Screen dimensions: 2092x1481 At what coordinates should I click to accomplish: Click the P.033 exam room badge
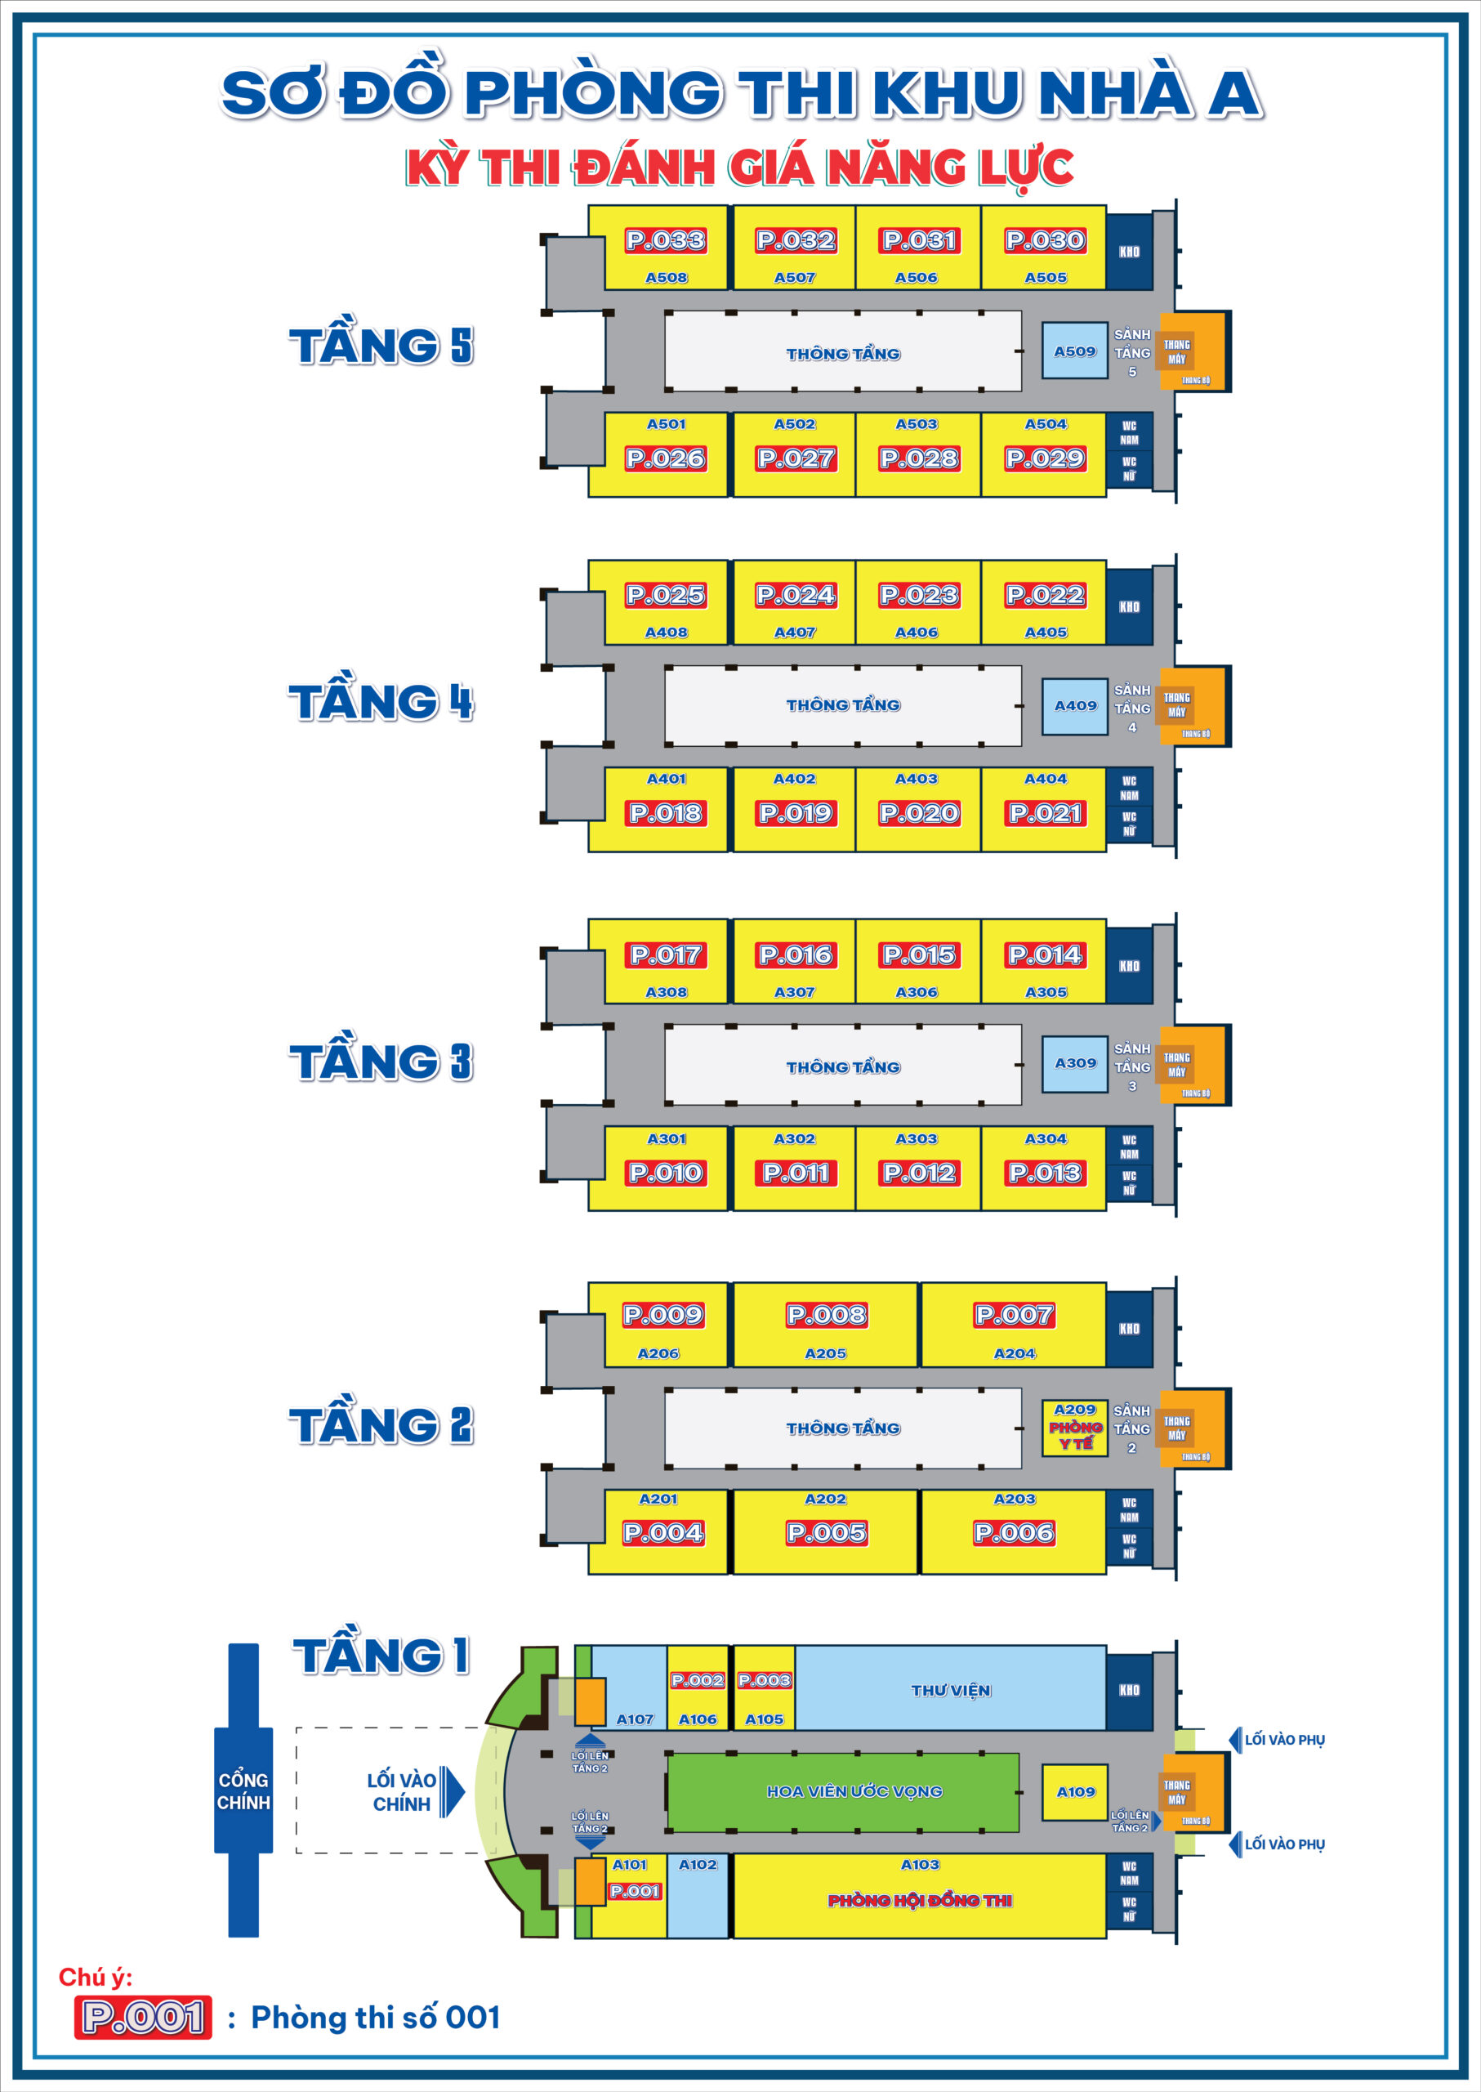point(665,240)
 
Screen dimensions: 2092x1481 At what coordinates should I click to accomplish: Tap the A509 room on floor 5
point(1074,351)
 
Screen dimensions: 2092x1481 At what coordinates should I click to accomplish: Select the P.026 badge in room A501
point(665,458)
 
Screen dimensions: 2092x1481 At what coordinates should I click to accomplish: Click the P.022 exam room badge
point(1044,595)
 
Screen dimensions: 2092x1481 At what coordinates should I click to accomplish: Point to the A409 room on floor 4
point(1074,705)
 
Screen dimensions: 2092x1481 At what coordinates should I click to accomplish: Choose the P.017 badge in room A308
point(665,954)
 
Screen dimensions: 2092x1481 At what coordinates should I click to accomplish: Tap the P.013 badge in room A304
point(1044,1173)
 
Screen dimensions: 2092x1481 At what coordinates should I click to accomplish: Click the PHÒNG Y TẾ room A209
point(1074,1428)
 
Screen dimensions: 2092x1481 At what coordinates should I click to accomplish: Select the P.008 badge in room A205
point(826,1315)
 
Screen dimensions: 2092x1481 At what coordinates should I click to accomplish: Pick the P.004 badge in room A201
point(663,1533)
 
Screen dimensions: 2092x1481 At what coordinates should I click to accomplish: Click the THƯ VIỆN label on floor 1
point(950,1691)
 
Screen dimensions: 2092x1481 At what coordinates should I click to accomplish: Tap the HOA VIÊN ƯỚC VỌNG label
point(854,1791)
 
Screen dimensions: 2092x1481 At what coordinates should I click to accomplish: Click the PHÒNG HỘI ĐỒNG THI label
point(919,1901)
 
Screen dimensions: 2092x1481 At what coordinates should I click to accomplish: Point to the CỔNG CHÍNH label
point(243,1791)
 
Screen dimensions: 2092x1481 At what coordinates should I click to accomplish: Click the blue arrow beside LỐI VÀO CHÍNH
point(453,1791)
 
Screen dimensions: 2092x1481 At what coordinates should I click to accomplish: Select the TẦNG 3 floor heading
point(381,1062)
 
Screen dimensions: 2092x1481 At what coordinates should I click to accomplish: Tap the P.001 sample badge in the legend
point(143,2018)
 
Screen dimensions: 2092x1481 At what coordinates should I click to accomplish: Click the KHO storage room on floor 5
point(1129,252)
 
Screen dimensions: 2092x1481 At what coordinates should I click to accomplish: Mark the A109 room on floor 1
point(1075,1792)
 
